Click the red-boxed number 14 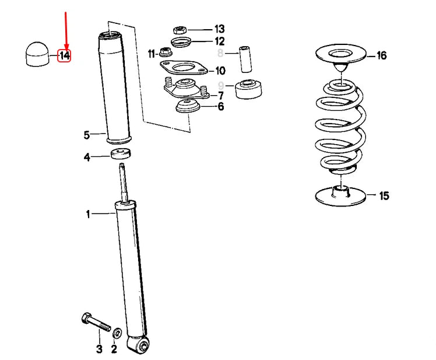64,56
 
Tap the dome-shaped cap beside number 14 37,54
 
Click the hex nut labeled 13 180,30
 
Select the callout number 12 220,41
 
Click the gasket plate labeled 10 184,68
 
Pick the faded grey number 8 220,53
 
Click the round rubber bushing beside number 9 248,89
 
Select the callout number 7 221,96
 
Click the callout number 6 221,106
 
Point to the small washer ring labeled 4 121,153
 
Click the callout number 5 87,135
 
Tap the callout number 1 88,214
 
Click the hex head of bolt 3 86,318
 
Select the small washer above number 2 117,333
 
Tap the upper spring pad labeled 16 341,54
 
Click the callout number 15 384,195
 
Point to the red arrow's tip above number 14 66,49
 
